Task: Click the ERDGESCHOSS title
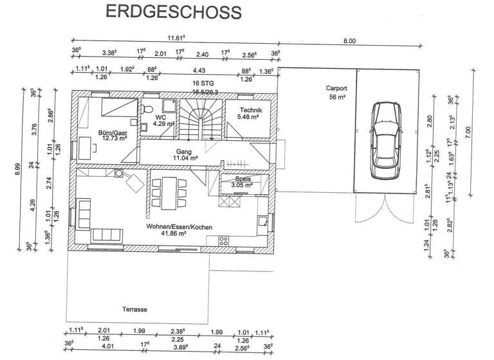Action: (x=173, y=12)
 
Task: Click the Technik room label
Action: (x=248, y=114)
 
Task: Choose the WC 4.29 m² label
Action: (x=161, y=120)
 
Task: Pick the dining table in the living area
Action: (x=169, y=192)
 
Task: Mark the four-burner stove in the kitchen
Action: (x=224, y=241)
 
